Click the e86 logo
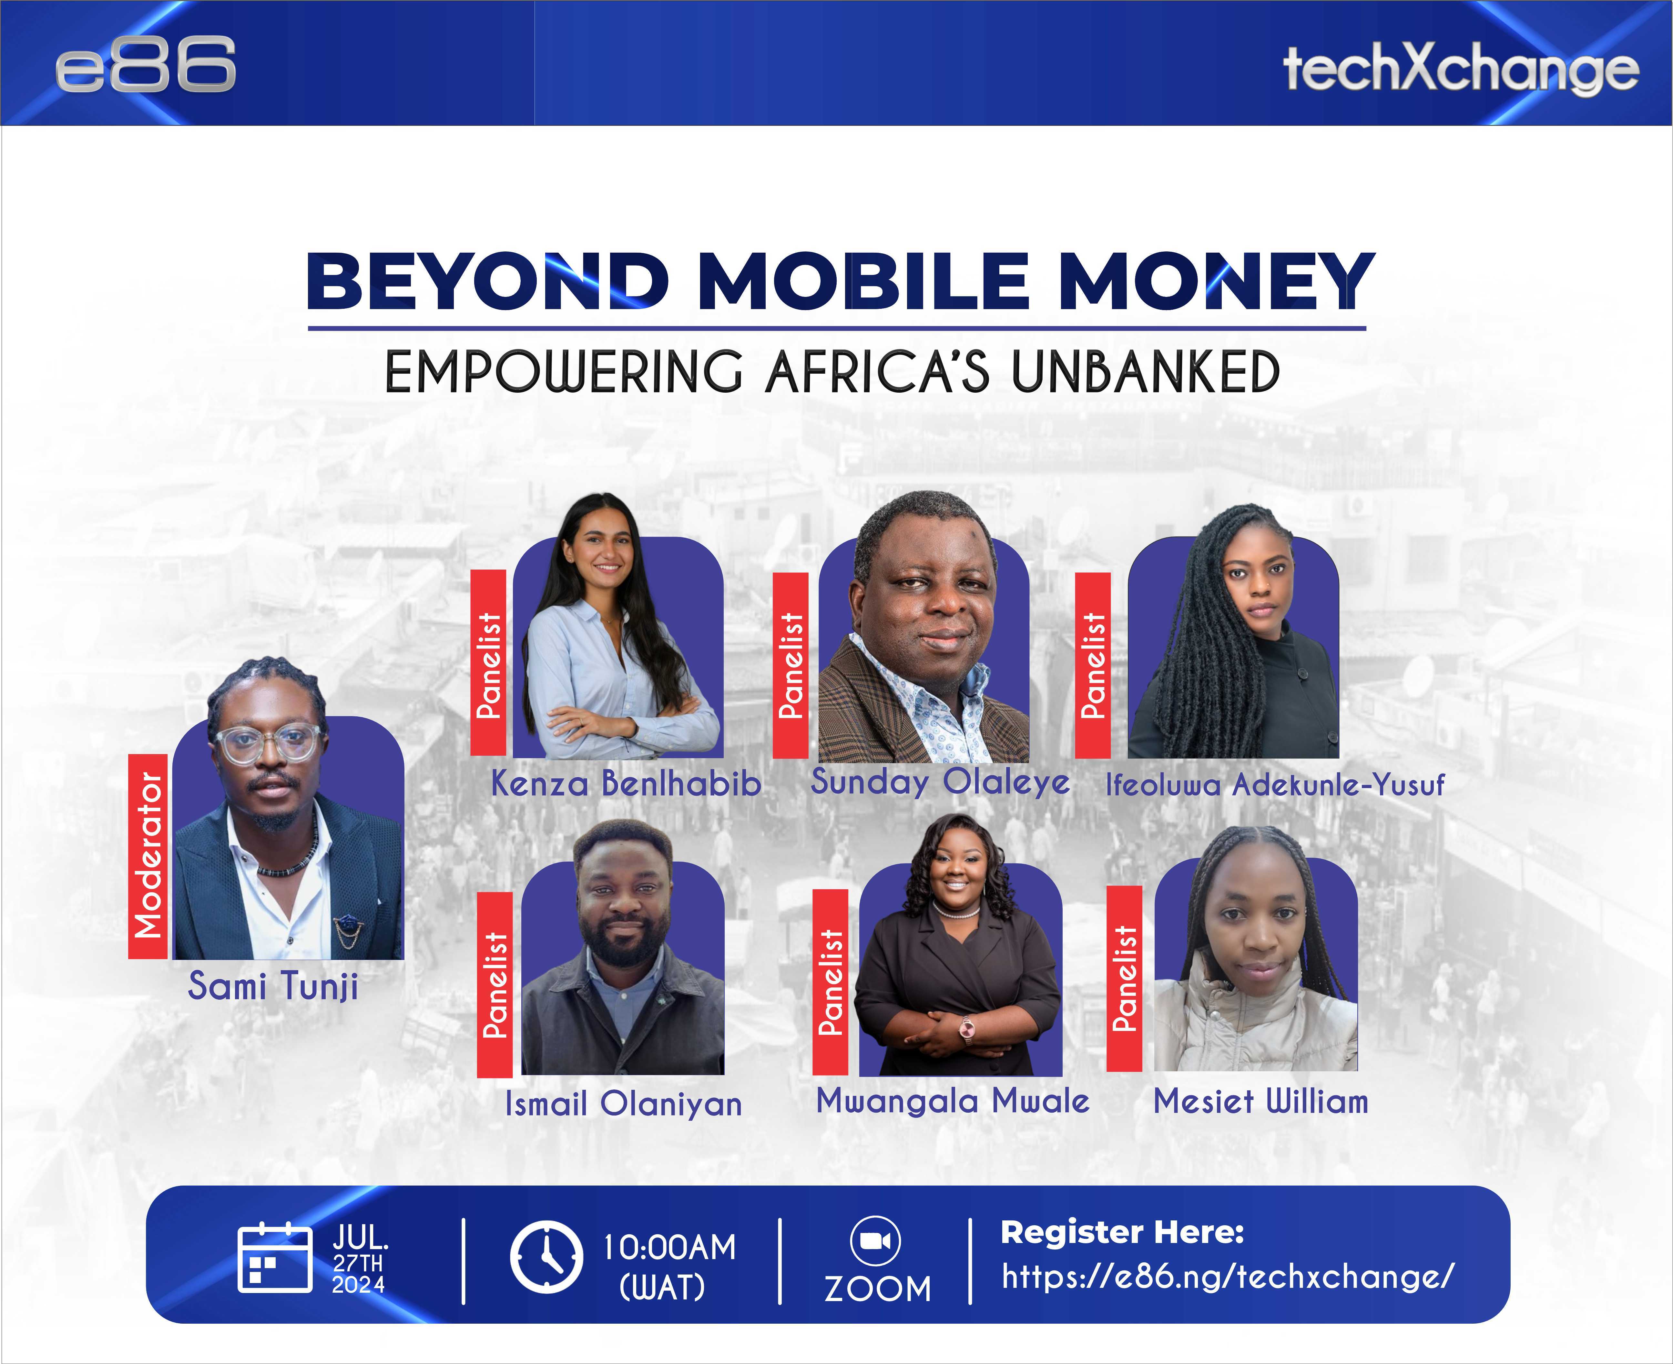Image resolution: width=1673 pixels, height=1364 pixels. [x=145, y=64]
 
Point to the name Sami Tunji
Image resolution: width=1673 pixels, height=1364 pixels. [x=273, y=986]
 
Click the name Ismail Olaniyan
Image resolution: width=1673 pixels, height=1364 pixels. [x=623, y=1103]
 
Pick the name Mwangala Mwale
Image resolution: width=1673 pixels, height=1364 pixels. [x=953, y=1101]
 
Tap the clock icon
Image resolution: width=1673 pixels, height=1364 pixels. [x=546, y=1257]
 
